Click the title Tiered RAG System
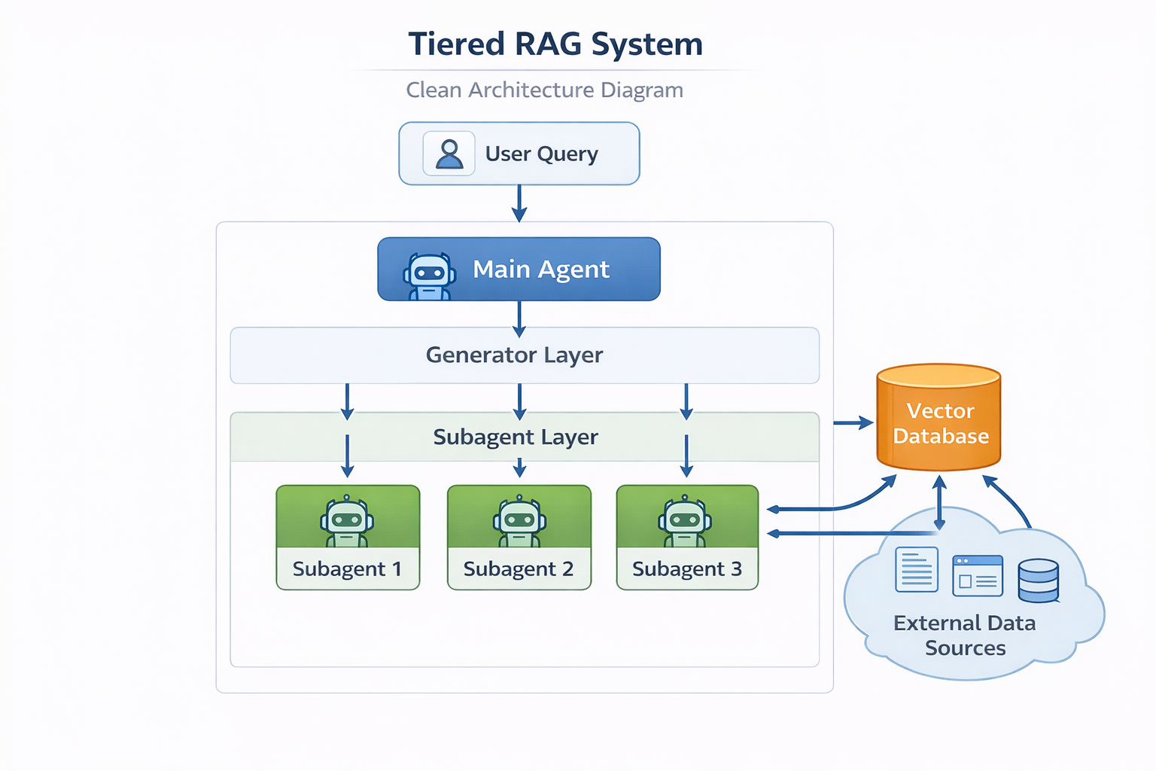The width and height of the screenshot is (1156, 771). pos(555,44)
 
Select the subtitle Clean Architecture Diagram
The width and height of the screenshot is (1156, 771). pos(545,90)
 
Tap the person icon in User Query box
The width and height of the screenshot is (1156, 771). pos(449,154)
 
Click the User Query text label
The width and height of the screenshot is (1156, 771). pos(541,154)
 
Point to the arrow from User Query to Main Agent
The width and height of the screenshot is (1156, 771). pos(519,203)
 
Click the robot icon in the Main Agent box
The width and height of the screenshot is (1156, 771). pos(430,275)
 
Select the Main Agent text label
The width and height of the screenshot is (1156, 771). pos(540,270)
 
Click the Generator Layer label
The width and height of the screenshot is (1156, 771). pos(514,355)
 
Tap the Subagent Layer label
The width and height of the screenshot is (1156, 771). pos(516,437)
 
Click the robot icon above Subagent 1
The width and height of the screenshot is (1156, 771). pos(347,520)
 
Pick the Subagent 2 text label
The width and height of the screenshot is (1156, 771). pos(519,569)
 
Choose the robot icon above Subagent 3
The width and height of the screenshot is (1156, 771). pos(685,520)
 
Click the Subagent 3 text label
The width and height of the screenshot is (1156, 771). pos(687,569)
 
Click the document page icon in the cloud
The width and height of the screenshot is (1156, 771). pos(917,570)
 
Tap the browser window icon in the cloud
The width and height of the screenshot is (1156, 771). pos(978,576)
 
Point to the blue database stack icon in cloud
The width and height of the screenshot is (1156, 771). pos(1039,581)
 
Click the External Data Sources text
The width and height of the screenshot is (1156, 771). pos(965,635)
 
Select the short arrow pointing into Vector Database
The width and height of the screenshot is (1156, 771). pos(853,423)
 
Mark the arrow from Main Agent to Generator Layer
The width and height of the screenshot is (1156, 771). pos(519,318)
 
